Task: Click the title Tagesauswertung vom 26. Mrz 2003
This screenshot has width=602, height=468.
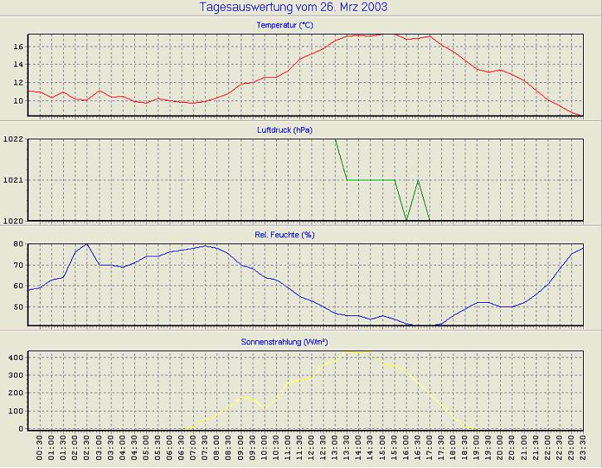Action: tap(294, 7)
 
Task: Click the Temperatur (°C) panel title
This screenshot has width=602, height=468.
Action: tap(285, 25)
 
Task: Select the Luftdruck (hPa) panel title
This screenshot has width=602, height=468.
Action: tap(285, 129)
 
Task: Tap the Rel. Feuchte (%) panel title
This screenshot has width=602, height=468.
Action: tap(285, 235)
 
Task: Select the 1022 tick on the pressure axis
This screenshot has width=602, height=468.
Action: tap(13, 139)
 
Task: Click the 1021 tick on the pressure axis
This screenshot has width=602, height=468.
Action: tap(13, 180)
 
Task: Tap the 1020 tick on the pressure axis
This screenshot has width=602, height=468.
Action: tap(13, 220)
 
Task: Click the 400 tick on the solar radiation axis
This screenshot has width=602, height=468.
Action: tap(14, 356)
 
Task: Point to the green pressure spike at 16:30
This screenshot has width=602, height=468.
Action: tap(418, 180)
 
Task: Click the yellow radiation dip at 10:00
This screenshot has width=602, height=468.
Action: tap(265, 408)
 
